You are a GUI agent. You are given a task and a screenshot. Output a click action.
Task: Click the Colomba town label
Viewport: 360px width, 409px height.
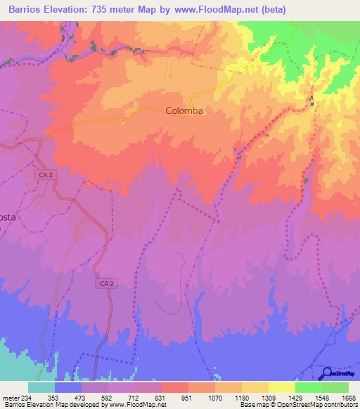coord(185,111)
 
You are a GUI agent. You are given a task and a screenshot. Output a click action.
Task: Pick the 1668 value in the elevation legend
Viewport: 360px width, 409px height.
coord(349,397)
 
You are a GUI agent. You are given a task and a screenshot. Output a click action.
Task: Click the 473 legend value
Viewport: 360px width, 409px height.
coord(79,397)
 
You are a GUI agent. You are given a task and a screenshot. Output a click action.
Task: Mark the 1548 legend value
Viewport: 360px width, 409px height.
coord(321,397)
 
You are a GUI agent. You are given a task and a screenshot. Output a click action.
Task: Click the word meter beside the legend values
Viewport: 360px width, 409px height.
coord(12,397)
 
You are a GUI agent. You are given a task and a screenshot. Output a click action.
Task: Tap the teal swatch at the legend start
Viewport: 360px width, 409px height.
coord(41,387)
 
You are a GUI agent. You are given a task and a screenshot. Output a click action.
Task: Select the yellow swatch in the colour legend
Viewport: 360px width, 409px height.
coord(281,387)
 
